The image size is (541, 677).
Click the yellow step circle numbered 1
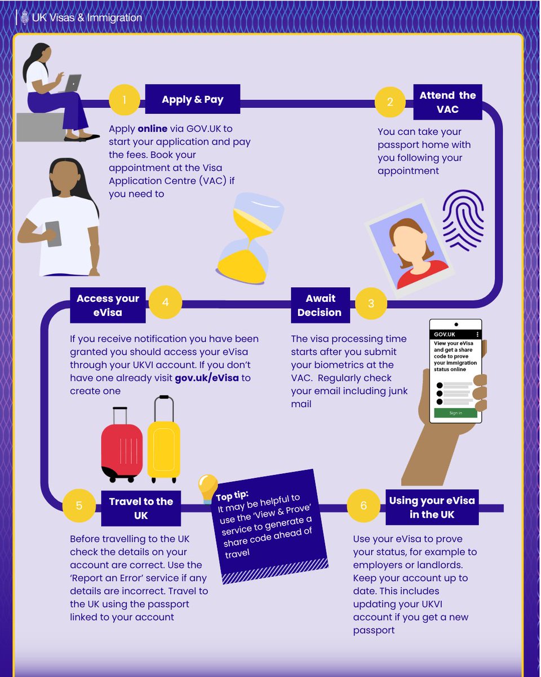(124, 100)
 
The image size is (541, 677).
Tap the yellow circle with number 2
(390, 102)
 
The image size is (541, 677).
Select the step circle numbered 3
(371, 303)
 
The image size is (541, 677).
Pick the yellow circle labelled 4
(165, 301)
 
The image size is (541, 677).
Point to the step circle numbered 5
(79, 505)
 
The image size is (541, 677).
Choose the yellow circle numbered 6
(363, 505)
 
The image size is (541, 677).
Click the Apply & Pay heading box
(192, 100)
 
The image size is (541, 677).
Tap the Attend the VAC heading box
(447, 102)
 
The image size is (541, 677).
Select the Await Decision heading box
(320, 305)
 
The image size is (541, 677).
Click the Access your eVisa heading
(108, 305)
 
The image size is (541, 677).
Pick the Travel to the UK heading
(141, 508)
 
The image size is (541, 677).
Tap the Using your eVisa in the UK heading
(432, 507)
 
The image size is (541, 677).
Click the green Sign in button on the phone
(455, 413)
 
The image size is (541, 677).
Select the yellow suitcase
(163, 440)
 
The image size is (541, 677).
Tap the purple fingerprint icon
(463, 219)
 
